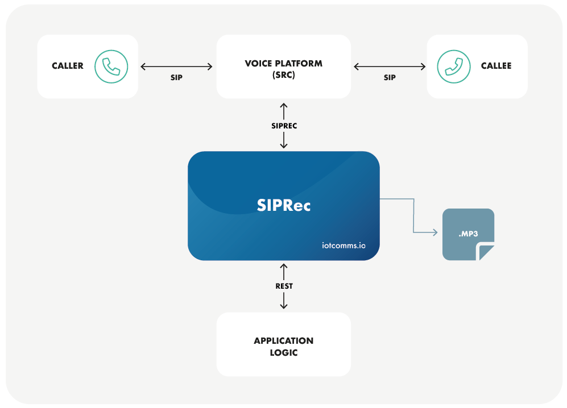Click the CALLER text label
tap(68, 66)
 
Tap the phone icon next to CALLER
tap(111, 66)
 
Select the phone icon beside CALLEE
tap(454, 66)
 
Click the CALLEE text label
tap(496, 66)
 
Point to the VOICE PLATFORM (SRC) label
tap(283, 68)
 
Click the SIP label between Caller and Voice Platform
tap(176, 77)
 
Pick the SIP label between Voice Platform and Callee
tap(390, 77)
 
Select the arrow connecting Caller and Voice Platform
tap(176, 66)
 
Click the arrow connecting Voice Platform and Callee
tap(390, 66)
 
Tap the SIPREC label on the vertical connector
tap(284, 126)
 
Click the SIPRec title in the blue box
tap(284, 205)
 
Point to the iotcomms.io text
tap(342, 246)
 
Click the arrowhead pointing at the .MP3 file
tap(434, 232)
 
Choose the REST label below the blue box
tap(284, 286)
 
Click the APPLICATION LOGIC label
tap(283, 347)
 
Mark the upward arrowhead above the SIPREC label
tap(284, 106)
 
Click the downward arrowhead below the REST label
tap(284, 307)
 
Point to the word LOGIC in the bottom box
tap(283, 353)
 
